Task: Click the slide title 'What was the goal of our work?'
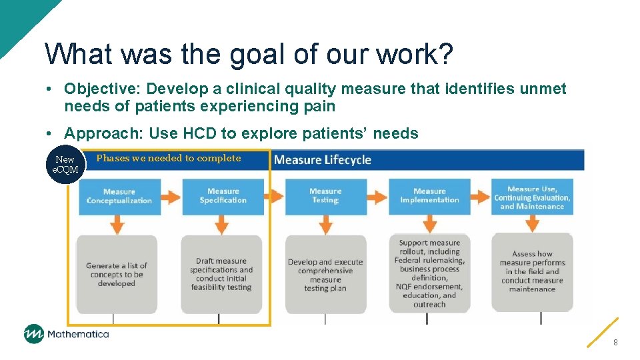pos(249,54)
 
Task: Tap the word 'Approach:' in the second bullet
pos(103,133)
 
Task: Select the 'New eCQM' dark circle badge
pos(65,165)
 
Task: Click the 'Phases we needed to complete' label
pos(168,158)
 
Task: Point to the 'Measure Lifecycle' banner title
pos(323,160)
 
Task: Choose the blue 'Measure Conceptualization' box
pos(119,196)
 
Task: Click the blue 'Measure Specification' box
pos(223,196)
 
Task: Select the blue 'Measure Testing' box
pos(325,196)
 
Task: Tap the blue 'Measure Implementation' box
pos(429,196)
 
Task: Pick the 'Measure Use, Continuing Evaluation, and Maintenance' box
pos(533,197)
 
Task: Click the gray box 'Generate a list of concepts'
pos(117,274)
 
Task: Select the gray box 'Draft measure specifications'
pos(221,274)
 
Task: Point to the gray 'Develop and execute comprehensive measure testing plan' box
pos(325,274)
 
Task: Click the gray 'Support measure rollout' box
pos(429,273)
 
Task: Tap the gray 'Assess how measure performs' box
pos(533,272)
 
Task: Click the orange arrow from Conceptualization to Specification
pos(171,197)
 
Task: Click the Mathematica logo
pos(66,334)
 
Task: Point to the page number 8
pos(615,342)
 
